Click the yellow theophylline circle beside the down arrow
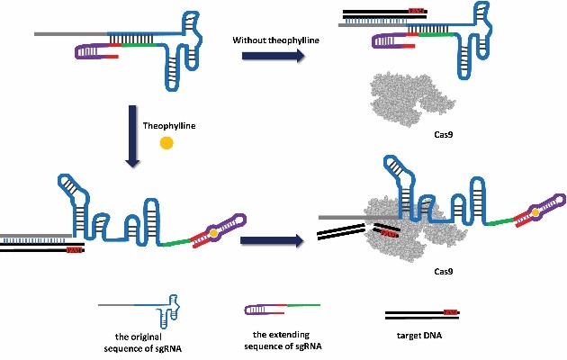click(166, 142)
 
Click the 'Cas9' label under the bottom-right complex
click(441, 270)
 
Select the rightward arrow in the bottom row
click(269, 241)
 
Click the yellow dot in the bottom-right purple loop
click(535, 211)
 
